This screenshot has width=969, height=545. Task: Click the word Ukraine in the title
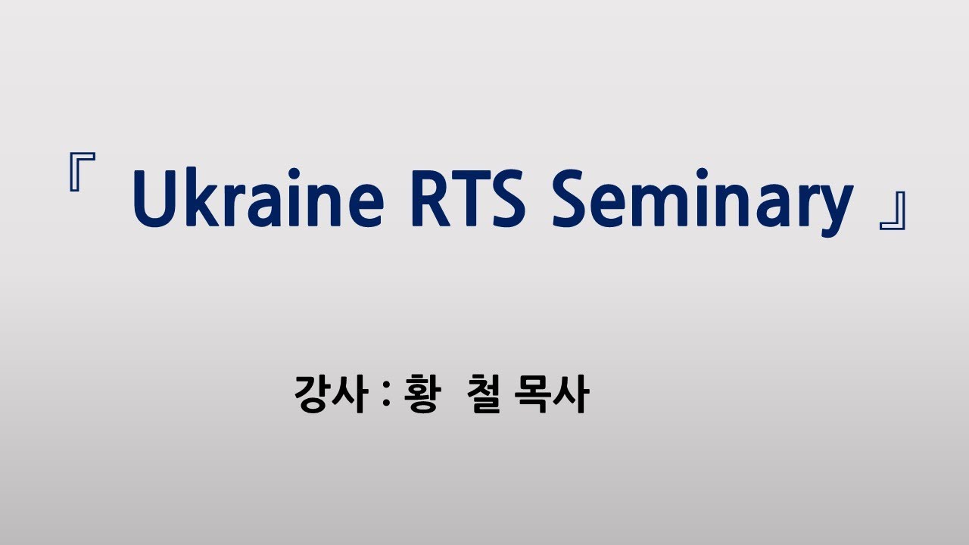[258, 199]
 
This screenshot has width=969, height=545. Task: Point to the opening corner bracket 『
[80, 173]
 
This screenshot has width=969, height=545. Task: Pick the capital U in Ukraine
[154, 198]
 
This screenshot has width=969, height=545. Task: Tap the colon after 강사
[388, 396]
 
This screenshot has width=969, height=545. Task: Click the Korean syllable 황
[420, 394]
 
